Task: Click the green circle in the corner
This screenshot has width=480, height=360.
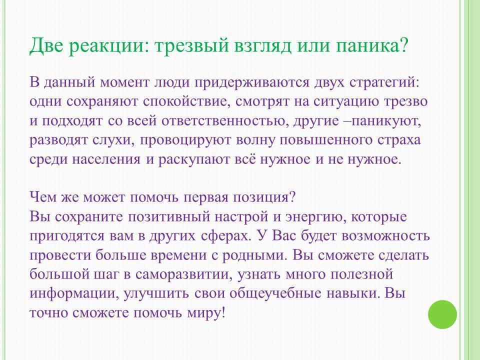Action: pos(442,314)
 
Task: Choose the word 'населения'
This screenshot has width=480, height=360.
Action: pos(106,160)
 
